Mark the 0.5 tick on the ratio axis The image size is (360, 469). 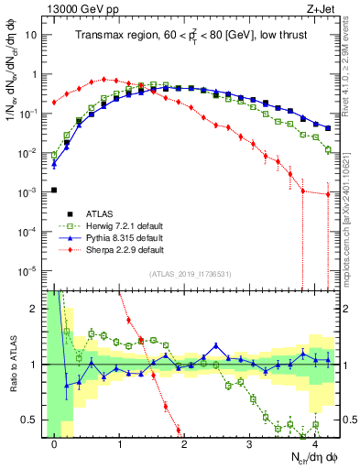(x=31, y=420)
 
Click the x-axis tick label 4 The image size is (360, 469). (x=314, y=443)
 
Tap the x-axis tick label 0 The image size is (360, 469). (x=55, y=443)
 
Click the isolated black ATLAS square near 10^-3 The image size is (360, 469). (x=54, y=190)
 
